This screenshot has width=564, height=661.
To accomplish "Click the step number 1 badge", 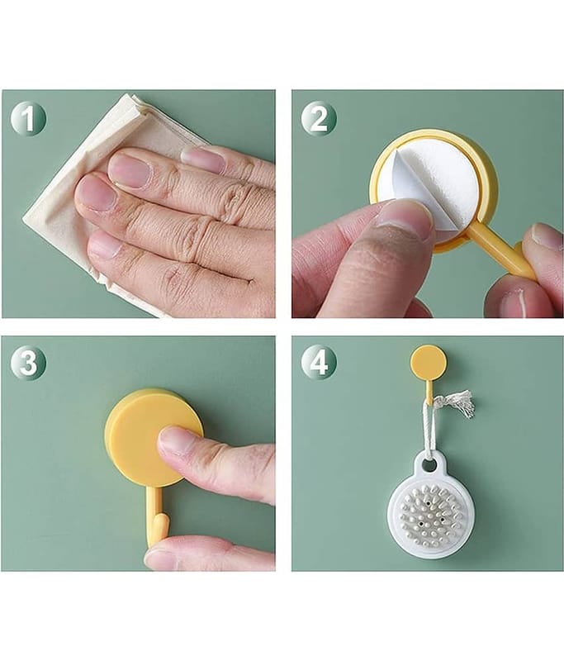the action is [x=28, y=119].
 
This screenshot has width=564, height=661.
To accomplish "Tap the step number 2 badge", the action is [x=319, y=119].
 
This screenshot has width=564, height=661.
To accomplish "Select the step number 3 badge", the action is [x=28, y=363].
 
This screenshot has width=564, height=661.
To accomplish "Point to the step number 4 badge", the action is [x=319, y=363].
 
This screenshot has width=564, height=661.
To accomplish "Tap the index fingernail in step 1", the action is [x=130, y=170].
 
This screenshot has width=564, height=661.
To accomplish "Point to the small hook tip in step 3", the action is [x=161, y=527].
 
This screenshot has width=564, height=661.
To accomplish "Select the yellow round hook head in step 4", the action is [x=428, y=361].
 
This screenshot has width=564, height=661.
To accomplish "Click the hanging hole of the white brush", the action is [x=429, y=465].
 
